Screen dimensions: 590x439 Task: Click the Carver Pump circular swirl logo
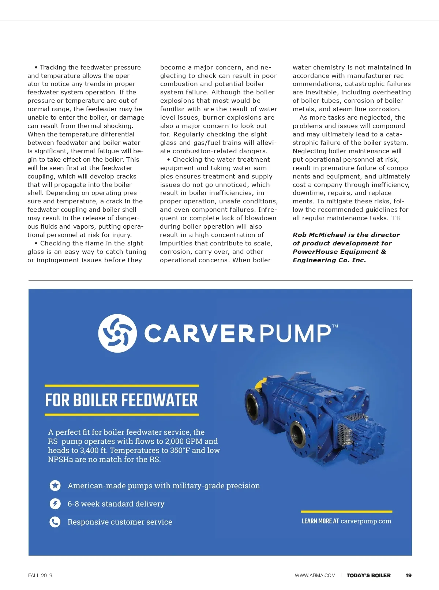pos(117,333)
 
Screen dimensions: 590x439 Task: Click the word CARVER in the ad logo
pos(199,333)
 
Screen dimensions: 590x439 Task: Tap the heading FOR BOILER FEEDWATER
pos(121,400)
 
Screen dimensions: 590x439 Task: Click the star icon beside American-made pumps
pos(55,486)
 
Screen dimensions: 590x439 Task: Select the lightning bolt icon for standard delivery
pos(55,504)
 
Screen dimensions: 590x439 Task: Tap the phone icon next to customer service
pos(55,522)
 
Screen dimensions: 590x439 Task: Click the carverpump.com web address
pos(366,521)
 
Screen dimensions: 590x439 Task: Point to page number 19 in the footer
pos(408,575)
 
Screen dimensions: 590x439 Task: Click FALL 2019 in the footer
pos(40,575)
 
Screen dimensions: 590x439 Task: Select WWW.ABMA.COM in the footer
pos(315,575)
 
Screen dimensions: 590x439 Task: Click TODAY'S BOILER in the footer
pos(368,575)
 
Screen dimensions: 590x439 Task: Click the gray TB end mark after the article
pos(396,218)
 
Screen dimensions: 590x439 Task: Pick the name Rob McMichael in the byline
pos(319,235)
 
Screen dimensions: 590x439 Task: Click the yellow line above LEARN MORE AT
pos(346,511)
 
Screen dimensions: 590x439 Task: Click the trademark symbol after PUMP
pos(335,326)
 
